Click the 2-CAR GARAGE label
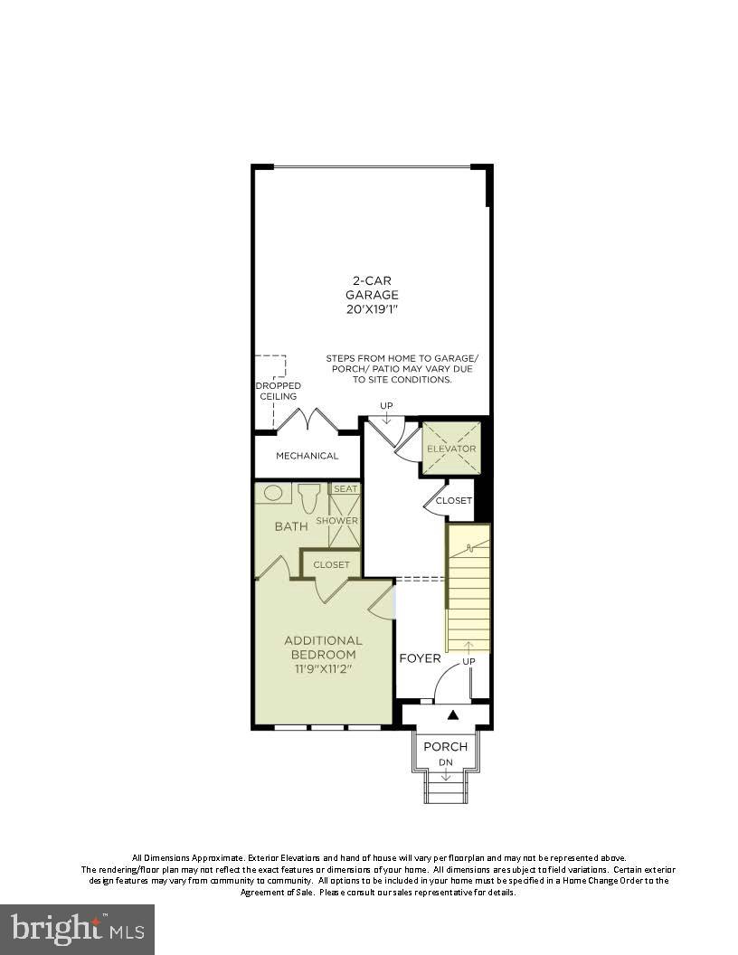(371, 288)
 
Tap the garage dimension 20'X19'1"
(371, 309)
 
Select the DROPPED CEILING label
(278, 391)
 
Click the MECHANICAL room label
(307, 456)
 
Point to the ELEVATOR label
(451, 449)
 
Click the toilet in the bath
(309, 498)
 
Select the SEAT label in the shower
(345, 489)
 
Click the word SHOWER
(336, 521)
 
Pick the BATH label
(291, 526)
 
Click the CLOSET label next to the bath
(331, 565)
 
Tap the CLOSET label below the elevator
(454, 500)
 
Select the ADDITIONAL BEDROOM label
(324, 648)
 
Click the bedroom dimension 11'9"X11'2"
(324, 669)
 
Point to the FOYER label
(421, 658)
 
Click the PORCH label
(446, 746)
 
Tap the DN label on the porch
(446, 763)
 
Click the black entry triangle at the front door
(453, 715)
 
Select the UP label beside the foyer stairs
(469, 662)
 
